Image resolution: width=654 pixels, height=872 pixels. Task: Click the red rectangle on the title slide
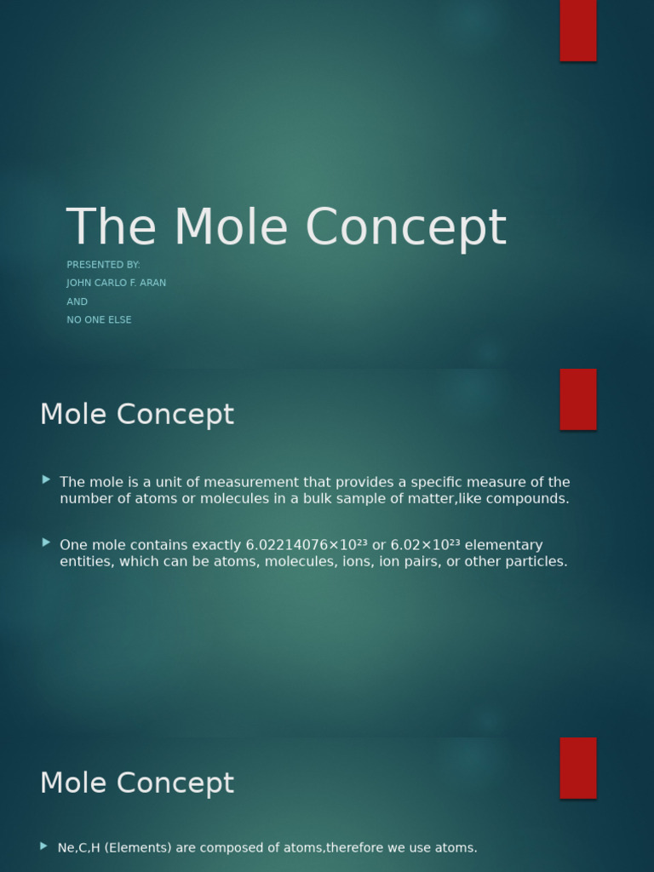pyautogui.click(x=578, y=31)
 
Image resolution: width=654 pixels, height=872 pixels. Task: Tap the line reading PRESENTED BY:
pyautogui.click(x=103, y=265)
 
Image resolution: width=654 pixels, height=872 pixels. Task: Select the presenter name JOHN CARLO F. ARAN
pyautogui.click(x=117, y=283)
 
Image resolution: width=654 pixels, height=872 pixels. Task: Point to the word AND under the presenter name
pyautogui.click(x=77, y=301)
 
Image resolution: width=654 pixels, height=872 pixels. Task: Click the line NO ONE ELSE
pyautogui.click(x=99, y=320)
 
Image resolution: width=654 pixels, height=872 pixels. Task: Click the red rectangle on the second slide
pyautogui.click(x=578, y=399)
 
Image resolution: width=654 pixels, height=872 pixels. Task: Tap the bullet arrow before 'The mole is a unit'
pyautogui.click(x=46, y=480)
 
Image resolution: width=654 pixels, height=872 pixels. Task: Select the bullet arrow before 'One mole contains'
pyautogui.click(x=46, y=542)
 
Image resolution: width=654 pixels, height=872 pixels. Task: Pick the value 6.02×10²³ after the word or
pyautogui.click(x=425, y=545)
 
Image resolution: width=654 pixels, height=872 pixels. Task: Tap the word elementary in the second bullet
pyautogui.click(x=503, y=545)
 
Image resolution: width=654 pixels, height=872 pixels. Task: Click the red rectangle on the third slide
pyautogui.click(x=578, y=768)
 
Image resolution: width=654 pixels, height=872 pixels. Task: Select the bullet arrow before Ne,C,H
pyautogui.click(x=44, y=846)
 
